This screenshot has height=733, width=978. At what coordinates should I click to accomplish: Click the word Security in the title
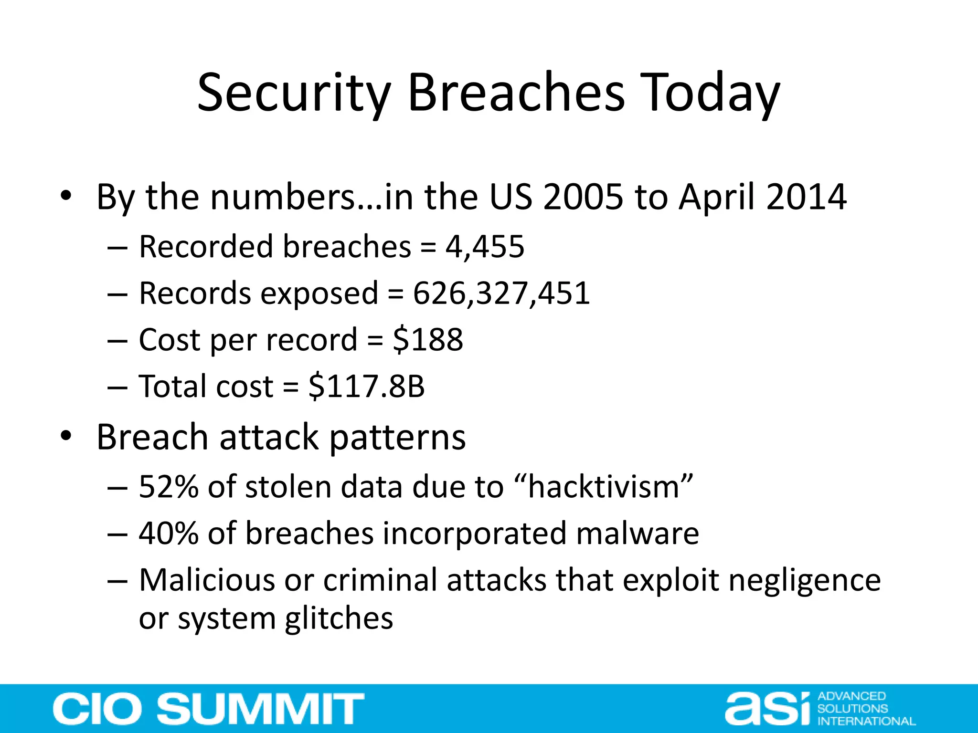(294, 93)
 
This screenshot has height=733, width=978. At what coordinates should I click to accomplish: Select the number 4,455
(485, 247)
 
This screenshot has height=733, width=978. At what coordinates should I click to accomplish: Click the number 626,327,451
(501, 293)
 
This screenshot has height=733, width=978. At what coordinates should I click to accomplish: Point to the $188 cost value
(428, 340)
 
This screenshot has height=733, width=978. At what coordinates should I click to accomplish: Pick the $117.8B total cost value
(367, 387)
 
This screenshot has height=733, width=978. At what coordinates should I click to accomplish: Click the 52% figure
(168, 487)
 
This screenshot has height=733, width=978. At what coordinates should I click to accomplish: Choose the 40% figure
(168, 534)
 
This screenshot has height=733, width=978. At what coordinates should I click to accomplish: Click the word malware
(638, 534)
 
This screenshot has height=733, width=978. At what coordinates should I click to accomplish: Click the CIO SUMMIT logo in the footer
(209, 709)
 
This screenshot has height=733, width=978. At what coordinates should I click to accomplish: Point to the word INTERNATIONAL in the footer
(866, 721)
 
